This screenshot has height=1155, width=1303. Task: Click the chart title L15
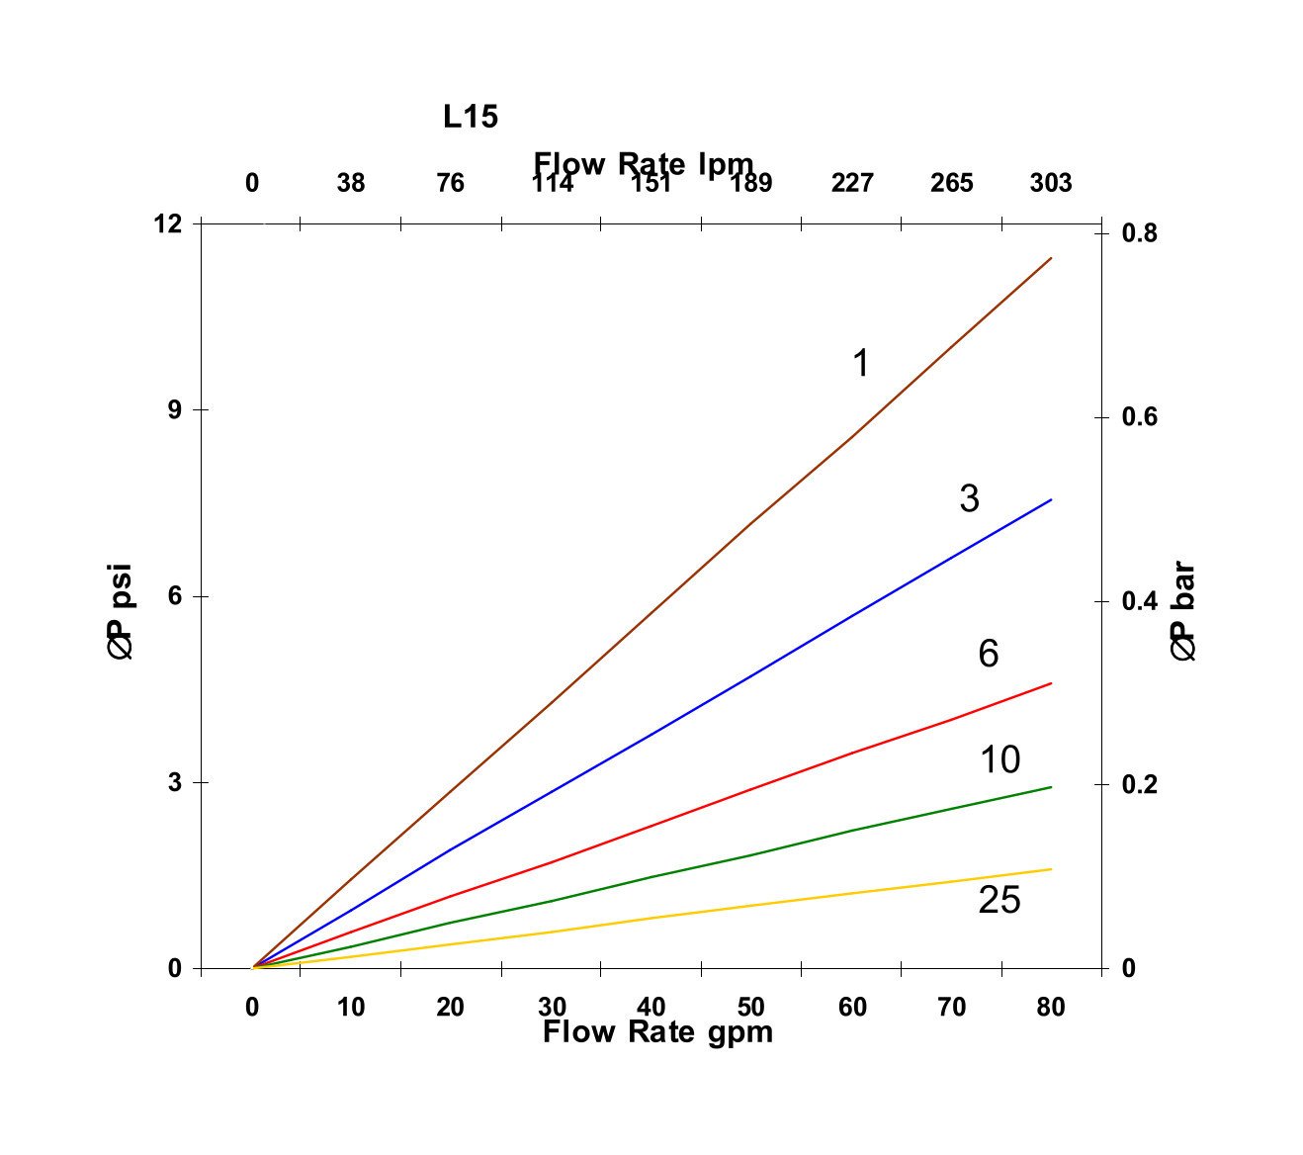tap(471, 117)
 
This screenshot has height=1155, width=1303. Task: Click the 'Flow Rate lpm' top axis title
tap(644, 163)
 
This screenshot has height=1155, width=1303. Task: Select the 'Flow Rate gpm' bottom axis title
tap(657, 1032)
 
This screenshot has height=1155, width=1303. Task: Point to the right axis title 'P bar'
tap(1183, 612)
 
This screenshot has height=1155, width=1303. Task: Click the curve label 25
tap(999, 901)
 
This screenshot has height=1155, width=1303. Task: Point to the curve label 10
tap(999, 759)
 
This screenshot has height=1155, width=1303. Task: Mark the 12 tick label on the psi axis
tap(168, 223)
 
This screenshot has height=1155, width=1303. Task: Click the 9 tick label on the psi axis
tap(175, 409)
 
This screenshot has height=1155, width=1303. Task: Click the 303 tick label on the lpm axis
tap(1050, 183)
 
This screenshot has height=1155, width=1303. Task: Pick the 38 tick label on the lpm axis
tap(350, 183)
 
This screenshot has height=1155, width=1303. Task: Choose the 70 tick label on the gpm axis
tap(951, 1007)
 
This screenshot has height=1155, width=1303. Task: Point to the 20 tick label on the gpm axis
tap(450, 1007)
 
